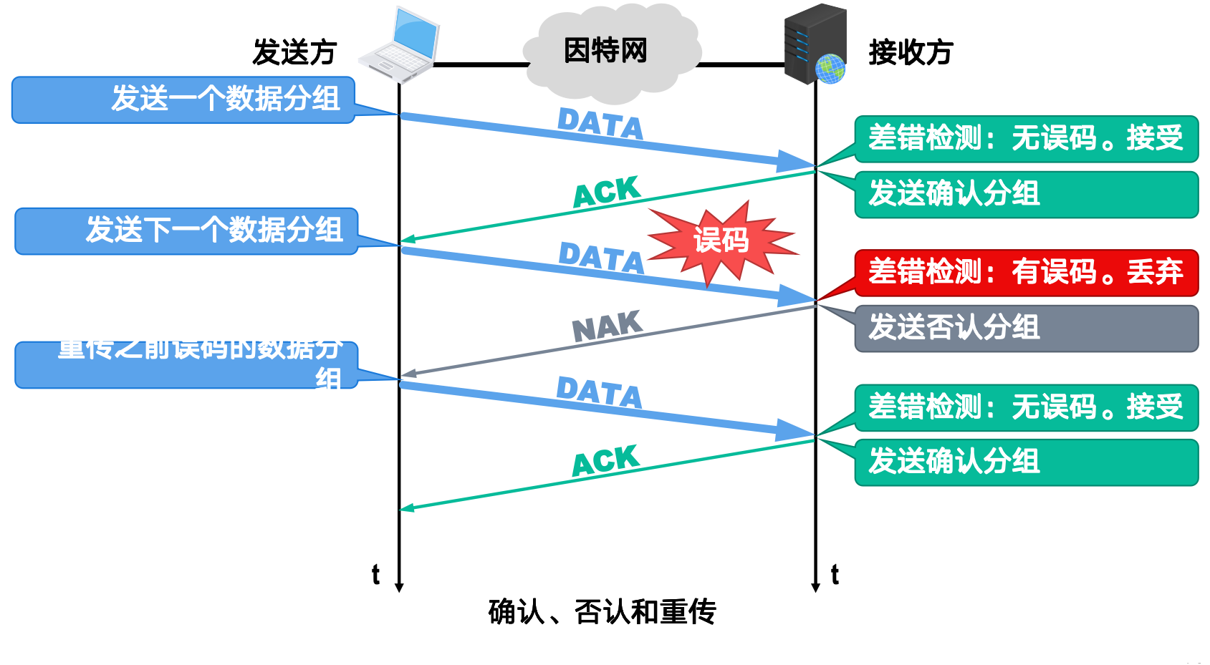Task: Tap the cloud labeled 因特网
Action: [x=609, y=52]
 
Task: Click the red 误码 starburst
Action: [x=721, y=241]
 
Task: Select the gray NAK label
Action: [x=607, y=326]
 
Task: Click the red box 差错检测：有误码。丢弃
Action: [x=1026, y=273]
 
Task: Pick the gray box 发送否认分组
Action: [x=1026, y=328]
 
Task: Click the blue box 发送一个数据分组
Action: [x=184, y=99]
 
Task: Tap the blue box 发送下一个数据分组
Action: [x=186, y=230]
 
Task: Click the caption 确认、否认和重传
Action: [x=602, y=612]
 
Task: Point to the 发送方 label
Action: [x=294, y=52]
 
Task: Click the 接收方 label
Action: [x=911, y=52]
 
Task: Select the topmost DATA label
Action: [x=600, y=124]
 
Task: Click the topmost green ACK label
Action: [x=606, y=192]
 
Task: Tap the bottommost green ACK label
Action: [x=605, y=460]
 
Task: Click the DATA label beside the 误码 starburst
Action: [x=601, y=258]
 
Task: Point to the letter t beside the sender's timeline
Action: [x=375, y=574]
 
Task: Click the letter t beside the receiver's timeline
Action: [x=835, y=574]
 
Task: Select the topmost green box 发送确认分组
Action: [x=1026, y=194]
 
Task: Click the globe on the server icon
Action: [x=830, y=69]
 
